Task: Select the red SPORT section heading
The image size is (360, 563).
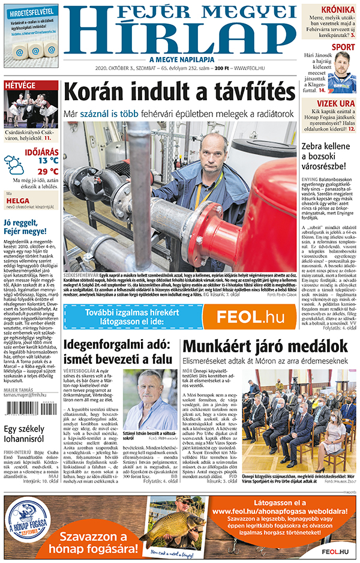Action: [x=343, y=47]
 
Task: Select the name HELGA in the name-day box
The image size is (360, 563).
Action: [x=19, y=202]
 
